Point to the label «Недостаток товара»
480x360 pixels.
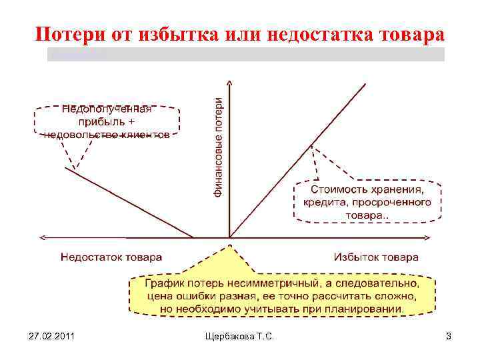[111, 257]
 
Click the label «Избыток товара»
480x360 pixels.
[376, 257]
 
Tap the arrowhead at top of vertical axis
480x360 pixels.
[230, 83]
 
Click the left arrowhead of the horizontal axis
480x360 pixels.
[42, 237]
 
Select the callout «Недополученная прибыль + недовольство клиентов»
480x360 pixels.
[107, 121]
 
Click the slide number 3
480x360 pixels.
[449, 337]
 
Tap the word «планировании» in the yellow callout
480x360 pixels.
[368, 309]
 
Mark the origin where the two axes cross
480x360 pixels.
[230, 237]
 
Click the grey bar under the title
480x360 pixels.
[245, 55]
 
